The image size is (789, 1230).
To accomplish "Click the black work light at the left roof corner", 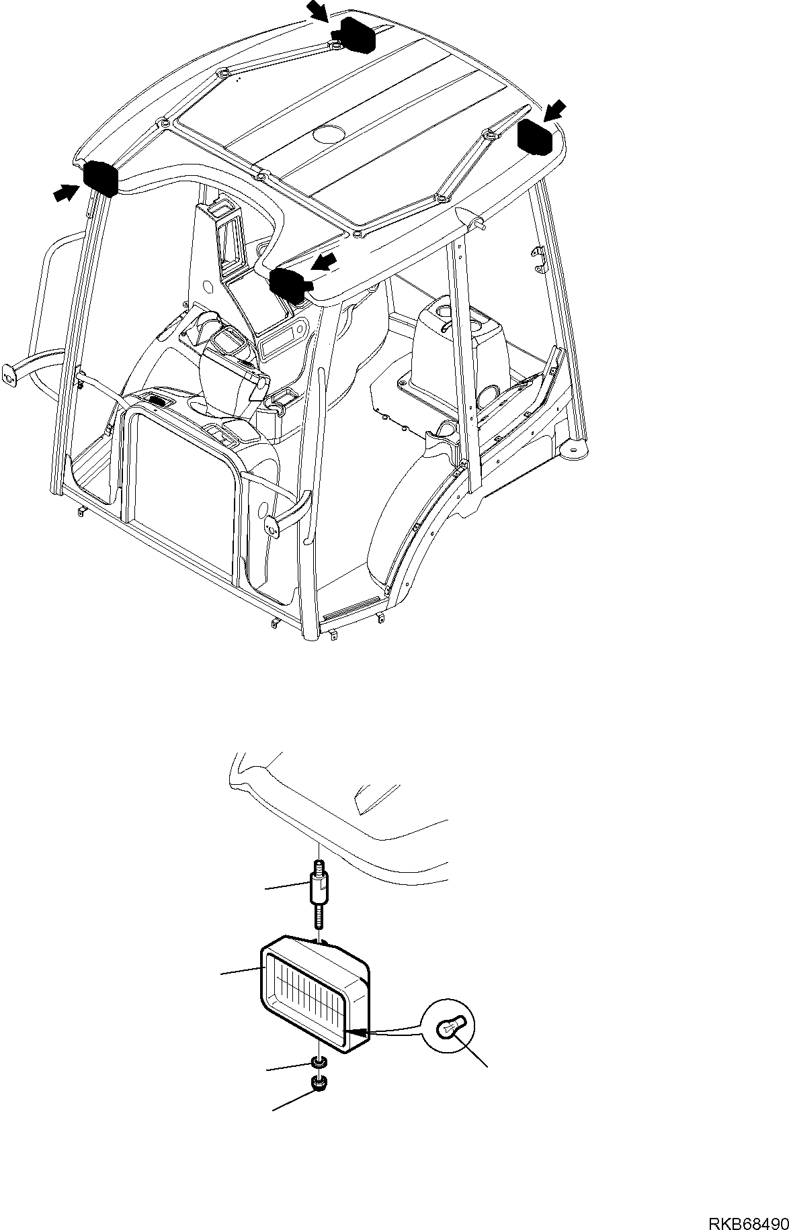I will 100,179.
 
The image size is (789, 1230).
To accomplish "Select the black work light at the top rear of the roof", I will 357,34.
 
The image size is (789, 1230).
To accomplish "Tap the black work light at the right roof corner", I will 535,136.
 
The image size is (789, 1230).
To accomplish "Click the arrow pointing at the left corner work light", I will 65,193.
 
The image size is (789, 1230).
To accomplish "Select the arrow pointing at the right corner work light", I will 555,110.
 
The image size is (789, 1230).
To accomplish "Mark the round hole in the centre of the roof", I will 328,134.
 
